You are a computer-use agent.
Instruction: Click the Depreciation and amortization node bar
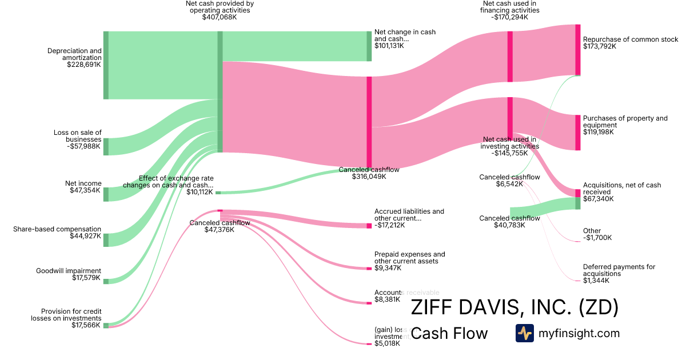pyautogui.click(x=106, y=65)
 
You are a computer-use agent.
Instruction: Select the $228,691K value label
pyautogui.click(x=84, y=65)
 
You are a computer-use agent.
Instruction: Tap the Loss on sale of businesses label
pyautogui.click(x=77, y=136)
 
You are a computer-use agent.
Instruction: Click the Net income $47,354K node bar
pyautogui.click(x=106, y=194)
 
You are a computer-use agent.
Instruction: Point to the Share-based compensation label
pyautogui.click(x=57, y=229)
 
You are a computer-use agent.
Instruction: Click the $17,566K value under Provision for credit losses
pyautogui.click(x=86, y=325)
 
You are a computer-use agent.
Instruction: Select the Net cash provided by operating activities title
pyautogui.click(x=220, y=7)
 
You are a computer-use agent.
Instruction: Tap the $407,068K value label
pyautogui.click(x=220, y=18)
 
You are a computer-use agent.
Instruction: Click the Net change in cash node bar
pyautogui.click(x=369, y=46)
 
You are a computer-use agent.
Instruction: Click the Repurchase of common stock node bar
pyautogui.click(x=577, y=50)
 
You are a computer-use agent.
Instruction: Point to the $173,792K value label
pyautogui.click(x=600, y=46)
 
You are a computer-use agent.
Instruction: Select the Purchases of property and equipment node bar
pyautogui.click(x=577, y=132)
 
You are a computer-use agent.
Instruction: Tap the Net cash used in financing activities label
pyautogui.click(x=510, y=7)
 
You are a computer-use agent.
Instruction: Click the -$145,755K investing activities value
pyautogui.click(x=509, y=153)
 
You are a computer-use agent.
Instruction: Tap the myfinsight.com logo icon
pyautogui.click(x=524, y=333)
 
